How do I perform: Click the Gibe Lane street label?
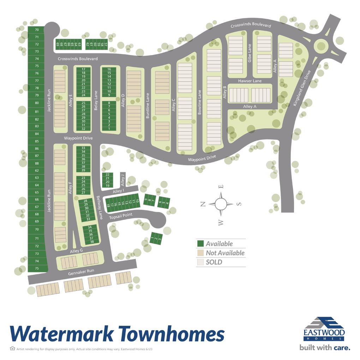pos(250,53)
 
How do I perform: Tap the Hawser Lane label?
pos(250,81)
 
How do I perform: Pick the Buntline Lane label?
pos(148,106)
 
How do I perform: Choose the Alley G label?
pos(76,251)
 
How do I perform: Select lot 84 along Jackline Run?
pos(37,134)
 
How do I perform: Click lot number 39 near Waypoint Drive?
pos(83,170)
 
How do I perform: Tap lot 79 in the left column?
pos(37,95)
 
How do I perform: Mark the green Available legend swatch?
pos(200,244)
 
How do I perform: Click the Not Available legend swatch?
pos(200,253)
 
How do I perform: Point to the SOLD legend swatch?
pos(200,262)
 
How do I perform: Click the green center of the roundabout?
pos(321,46)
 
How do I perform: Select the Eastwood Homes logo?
pos(324,328)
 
